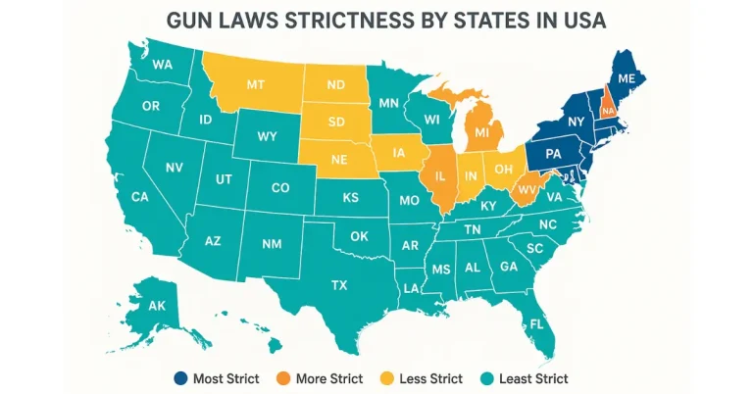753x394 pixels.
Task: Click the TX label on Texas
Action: point(339,286)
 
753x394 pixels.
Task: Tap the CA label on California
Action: point(140,197)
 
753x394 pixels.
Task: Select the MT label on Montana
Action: point(256,85)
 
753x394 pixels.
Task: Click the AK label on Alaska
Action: point(156,306)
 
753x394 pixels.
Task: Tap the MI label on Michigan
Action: point(482,131)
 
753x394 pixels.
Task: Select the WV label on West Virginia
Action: point(526,188)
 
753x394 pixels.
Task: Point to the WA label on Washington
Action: point(163,66)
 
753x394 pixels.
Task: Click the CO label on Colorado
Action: point(279,187)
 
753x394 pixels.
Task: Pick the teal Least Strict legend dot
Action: point(485,378)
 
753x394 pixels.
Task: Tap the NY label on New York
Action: point(577,122)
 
